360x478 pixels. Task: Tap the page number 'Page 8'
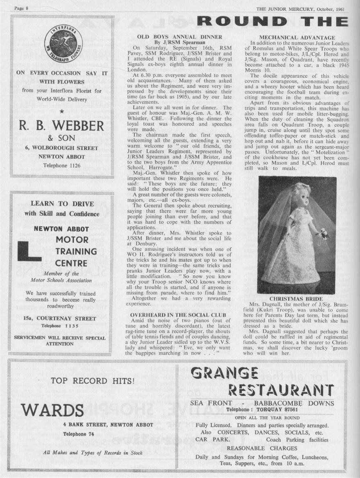coord(20,8)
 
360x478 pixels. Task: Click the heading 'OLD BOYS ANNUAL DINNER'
coord(180,37)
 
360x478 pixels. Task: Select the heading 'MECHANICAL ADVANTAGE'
coord(297,37)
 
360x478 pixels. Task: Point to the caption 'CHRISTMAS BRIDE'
coord(296,299)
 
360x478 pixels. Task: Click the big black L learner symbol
coord(29,251)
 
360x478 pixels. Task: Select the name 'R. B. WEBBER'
coord(61,125)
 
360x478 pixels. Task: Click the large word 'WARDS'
coord(52,410)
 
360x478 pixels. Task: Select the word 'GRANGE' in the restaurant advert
coord(224,373)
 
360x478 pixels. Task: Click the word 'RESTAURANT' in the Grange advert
coord(281,390)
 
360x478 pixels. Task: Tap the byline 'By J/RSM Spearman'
coord(180,42)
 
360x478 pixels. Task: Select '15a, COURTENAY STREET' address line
coord(61,318)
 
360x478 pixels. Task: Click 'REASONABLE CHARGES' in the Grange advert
coord(262,449)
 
